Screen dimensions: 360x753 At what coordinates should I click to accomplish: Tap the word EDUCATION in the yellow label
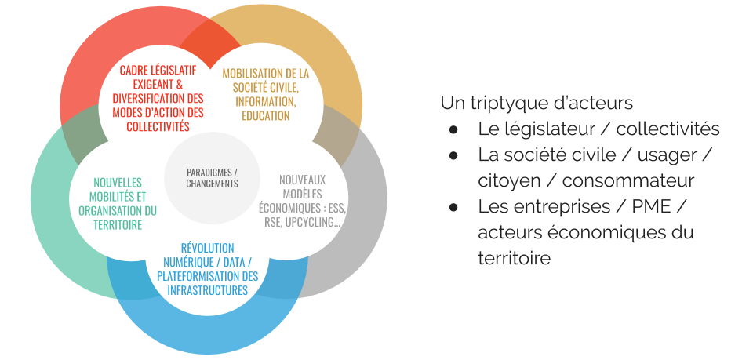pyautogui.click(x=266, y=115)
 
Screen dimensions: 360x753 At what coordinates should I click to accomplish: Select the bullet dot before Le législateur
pyautogui.click(x=453, y=129)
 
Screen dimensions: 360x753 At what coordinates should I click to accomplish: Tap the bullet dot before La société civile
pyautogui.click(x=453, y=155)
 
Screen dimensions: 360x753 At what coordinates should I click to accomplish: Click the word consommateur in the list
pyautogui.click(x=628, y=180)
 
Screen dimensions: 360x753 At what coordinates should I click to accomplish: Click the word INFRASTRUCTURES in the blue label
pyautogui.click(x=208, y=290)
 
